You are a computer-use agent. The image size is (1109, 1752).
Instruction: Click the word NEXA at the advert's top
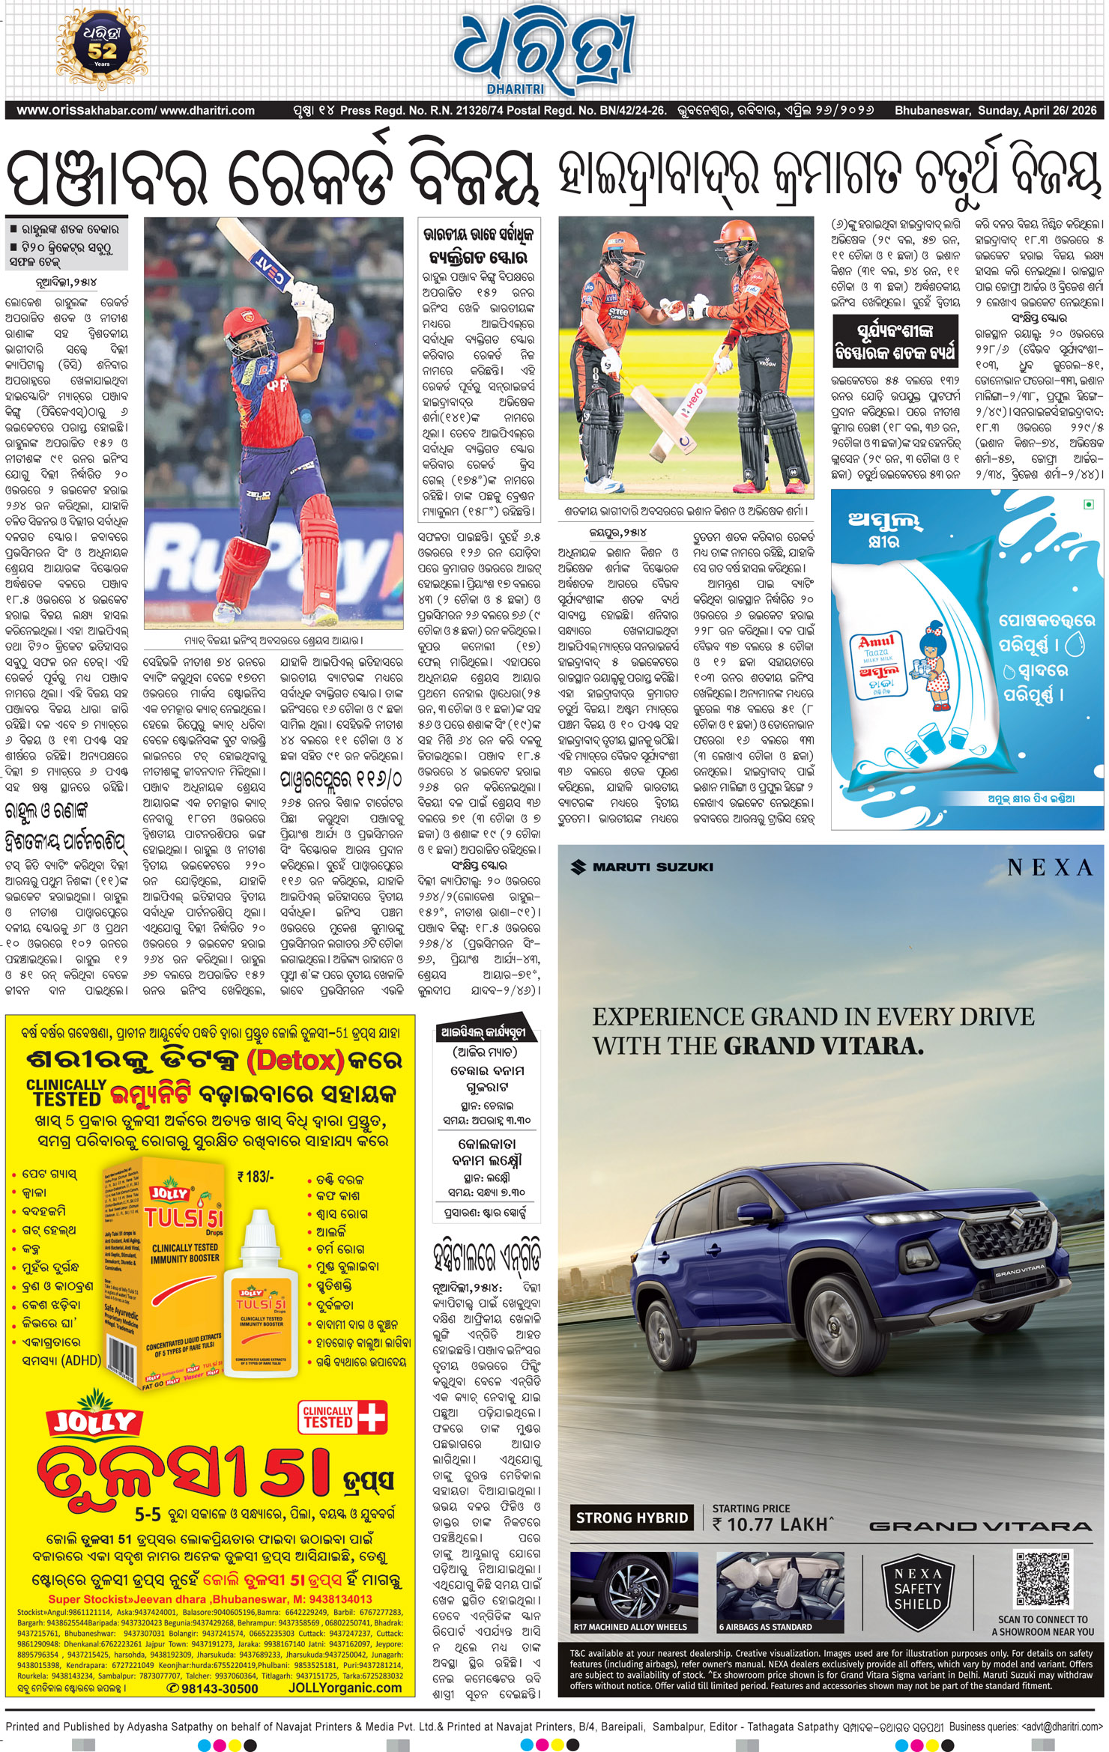tap(1049, 867)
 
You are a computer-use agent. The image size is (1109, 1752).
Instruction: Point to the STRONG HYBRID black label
tap(632, 1518)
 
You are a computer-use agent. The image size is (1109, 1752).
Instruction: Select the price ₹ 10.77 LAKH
tap(772, 1524)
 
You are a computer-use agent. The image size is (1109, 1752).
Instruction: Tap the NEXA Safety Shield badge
tap(917, 1591)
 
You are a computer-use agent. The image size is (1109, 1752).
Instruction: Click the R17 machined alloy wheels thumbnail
tap(638, 1591)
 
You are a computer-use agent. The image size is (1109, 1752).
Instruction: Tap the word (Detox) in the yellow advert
tap(295, 1060)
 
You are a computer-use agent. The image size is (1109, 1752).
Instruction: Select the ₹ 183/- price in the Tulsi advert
tap(256, 1177)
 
